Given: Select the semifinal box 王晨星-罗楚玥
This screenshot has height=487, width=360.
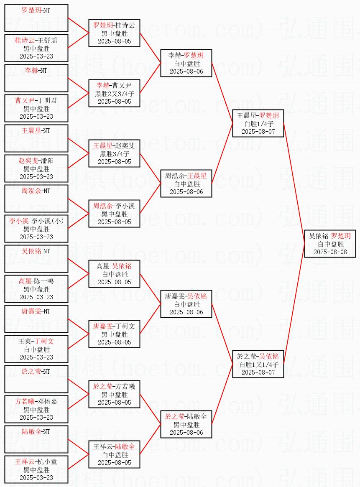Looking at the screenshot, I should click(x=258, y=123).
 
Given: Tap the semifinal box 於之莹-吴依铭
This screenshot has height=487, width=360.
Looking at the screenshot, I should click(x=258, y=364).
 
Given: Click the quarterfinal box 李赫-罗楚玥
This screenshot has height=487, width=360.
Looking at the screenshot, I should click(x=186, y=63).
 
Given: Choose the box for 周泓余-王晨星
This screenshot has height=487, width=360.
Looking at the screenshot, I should click(x=186, y=184).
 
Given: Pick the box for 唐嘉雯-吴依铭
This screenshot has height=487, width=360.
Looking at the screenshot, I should click(x=186, y=304).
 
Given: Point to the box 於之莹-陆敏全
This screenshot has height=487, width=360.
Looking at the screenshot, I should click(x=186, y=424).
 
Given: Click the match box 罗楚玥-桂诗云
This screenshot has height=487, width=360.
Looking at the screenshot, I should click(x=114, y=33).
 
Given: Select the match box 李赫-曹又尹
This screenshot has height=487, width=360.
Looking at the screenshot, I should click(x=114, y=93).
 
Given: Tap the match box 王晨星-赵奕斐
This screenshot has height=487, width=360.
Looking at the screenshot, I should click(x=114, y=153).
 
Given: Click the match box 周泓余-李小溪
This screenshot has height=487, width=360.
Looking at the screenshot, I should click(x=114, y=214).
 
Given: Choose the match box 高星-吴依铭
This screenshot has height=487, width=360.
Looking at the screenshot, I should click(x=114, y=274).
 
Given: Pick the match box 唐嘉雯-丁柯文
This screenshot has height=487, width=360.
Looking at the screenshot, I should click(x=114, y=334).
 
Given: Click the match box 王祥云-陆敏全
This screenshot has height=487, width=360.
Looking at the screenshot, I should click(x=114, y=454).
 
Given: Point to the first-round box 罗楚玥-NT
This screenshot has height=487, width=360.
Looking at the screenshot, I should click(x=36, y=18).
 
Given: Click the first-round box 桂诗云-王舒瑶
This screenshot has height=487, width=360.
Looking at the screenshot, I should click(x=36, y=48).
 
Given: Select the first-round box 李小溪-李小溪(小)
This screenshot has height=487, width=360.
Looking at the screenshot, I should click(x=36, y=229).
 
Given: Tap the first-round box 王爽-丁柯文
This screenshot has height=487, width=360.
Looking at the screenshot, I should click(x=36, y=349).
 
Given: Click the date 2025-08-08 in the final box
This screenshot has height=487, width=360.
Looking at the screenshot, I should click(x=330, y=252).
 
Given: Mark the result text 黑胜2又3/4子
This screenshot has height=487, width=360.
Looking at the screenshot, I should click(x=114, y=94).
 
